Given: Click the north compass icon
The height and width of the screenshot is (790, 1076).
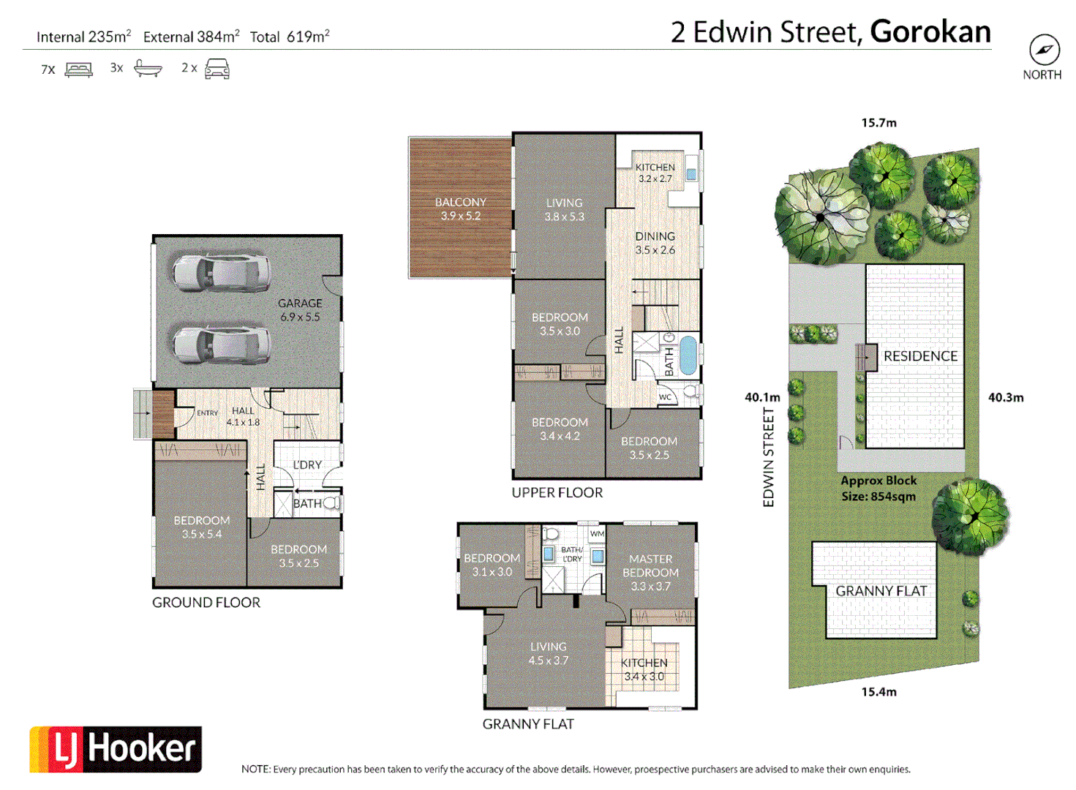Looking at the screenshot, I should coord(1044,50).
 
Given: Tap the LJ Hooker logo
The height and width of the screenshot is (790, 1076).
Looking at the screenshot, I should coord(116,749).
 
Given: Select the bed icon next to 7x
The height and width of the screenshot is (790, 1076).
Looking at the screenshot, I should coord(79,69).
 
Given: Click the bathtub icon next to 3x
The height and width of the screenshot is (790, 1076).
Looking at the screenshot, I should coord(148,69).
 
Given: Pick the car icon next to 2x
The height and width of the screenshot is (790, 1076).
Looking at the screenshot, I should coord(217,69).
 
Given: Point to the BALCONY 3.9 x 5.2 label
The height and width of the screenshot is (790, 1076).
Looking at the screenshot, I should coord(460,208).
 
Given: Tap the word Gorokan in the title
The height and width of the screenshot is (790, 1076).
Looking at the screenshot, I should coord(930,32).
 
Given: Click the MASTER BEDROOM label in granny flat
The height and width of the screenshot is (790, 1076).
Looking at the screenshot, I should coord(650,572).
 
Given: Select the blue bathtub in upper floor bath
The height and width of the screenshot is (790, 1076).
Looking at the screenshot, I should coord(688,355).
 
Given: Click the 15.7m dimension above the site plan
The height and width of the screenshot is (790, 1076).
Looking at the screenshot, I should coord(879,123).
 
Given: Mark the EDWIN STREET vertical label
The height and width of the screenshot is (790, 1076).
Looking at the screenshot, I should coord(768,457).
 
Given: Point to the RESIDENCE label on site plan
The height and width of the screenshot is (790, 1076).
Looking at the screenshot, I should coord(920,356).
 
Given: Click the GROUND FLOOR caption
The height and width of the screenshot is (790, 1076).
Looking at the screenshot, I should coord(206,603).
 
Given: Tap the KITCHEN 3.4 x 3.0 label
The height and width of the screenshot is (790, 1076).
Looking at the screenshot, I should coord(644,669).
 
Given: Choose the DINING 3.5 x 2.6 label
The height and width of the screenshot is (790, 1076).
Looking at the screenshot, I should coord(655,243).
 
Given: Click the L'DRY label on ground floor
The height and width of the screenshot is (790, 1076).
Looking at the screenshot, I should coord(307,465).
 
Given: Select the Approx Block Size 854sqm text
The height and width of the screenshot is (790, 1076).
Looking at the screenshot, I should coord(879,489).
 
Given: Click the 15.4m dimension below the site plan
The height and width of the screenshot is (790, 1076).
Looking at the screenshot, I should coord(879,692).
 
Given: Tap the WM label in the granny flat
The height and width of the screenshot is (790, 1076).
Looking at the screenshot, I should coord(597,534).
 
